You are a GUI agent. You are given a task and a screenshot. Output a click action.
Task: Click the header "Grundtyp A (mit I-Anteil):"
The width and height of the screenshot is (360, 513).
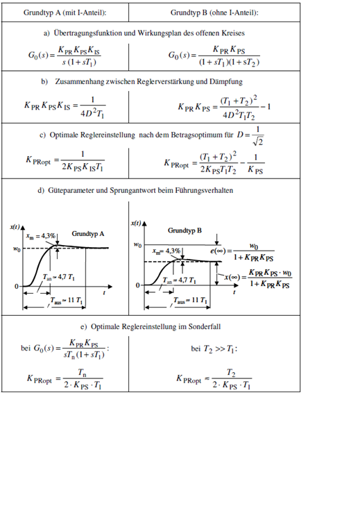click(x=65, y=12)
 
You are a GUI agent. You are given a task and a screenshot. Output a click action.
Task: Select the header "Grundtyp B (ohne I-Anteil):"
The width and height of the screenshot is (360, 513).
click(x=214, y=12)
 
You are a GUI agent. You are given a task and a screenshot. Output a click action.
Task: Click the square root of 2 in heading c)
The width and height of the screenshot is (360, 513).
click(x=257, y=141)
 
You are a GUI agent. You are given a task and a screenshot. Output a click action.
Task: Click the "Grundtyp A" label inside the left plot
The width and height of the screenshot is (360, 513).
click(x=88, y=234)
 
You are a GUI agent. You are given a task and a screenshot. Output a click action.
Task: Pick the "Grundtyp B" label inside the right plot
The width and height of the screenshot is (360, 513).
click(x=185, y=230)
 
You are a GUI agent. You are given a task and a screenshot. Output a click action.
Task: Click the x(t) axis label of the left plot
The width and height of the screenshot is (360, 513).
click(x=15, y=227)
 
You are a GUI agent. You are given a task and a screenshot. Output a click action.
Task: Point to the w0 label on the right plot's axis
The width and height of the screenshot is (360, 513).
click(x=137, y=245)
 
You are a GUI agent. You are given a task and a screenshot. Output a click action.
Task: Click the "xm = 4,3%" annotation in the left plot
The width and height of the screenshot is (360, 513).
click(x=41, y=236)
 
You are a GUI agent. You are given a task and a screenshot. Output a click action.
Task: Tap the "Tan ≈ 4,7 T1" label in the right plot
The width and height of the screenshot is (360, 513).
click(x=179, y=280)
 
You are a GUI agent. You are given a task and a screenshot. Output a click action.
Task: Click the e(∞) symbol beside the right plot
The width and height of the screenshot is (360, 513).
click(x=218, y=251)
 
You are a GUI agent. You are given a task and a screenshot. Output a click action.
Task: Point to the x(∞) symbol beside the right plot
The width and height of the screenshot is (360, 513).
click(x=232, y=278)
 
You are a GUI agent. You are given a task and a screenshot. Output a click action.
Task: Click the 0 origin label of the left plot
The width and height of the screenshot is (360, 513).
click(x=17, y=287)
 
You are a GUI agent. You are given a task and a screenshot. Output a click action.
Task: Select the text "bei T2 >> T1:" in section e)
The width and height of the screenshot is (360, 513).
click(x=214, y=348)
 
